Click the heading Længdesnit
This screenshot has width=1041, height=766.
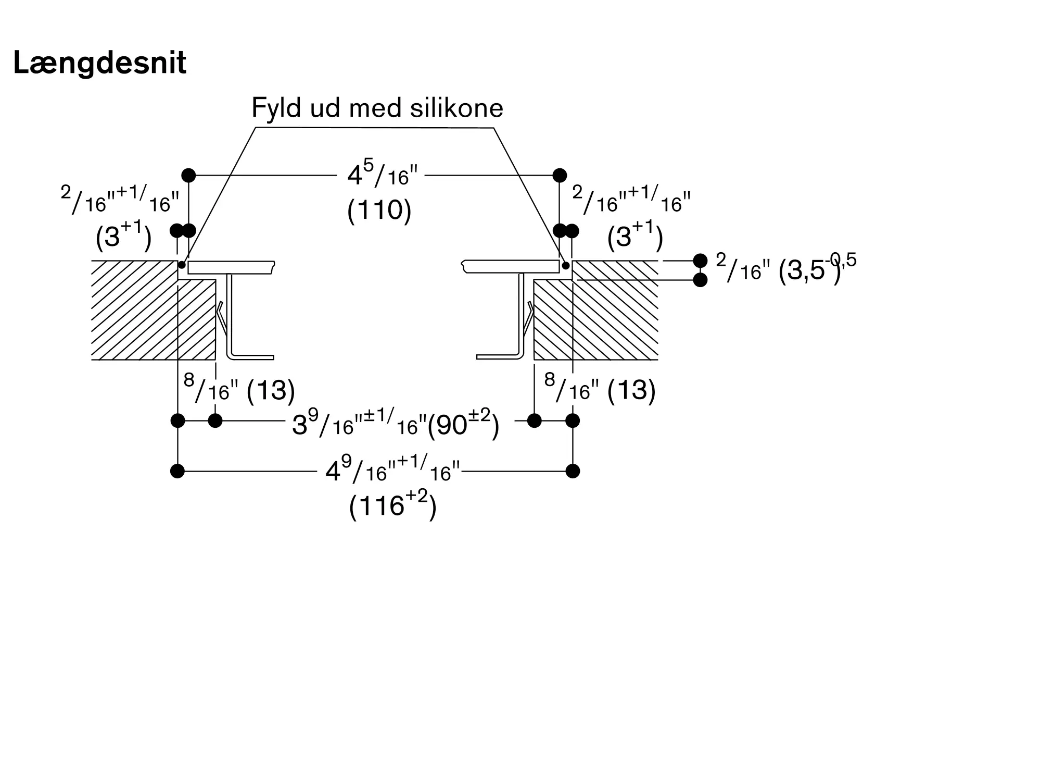(99, 64)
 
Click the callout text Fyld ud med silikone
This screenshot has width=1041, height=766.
(377, 108)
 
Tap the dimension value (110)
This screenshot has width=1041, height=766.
(379, 211)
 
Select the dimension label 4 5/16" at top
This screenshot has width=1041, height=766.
(383, 175)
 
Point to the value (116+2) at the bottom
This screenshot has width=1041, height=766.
(392, 504)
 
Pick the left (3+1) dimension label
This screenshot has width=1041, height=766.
(124, 236)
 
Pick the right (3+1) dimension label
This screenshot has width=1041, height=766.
(635, 236)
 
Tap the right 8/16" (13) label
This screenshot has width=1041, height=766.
(600, 389)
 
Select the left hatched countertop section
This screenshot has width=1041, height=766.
(154, 310)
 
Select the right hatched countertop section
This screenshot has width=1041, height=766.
(596, 310)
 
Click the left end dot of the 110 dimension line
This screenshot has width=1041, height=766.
(188, 175)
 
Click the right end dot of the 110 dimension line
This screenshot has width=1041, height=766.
(560, 175)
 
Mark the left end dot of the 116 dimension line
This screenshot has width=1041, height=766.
(177, 471)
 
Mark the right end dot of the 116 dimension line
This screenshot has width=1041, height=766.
(573, 471)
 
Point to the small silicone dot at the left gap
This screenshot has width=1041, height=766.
(182, 265)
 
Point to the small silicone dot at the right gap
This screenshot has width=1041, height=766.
(566, 266)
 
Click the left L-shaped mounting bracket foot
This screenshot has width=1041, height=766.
(252, 357)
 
